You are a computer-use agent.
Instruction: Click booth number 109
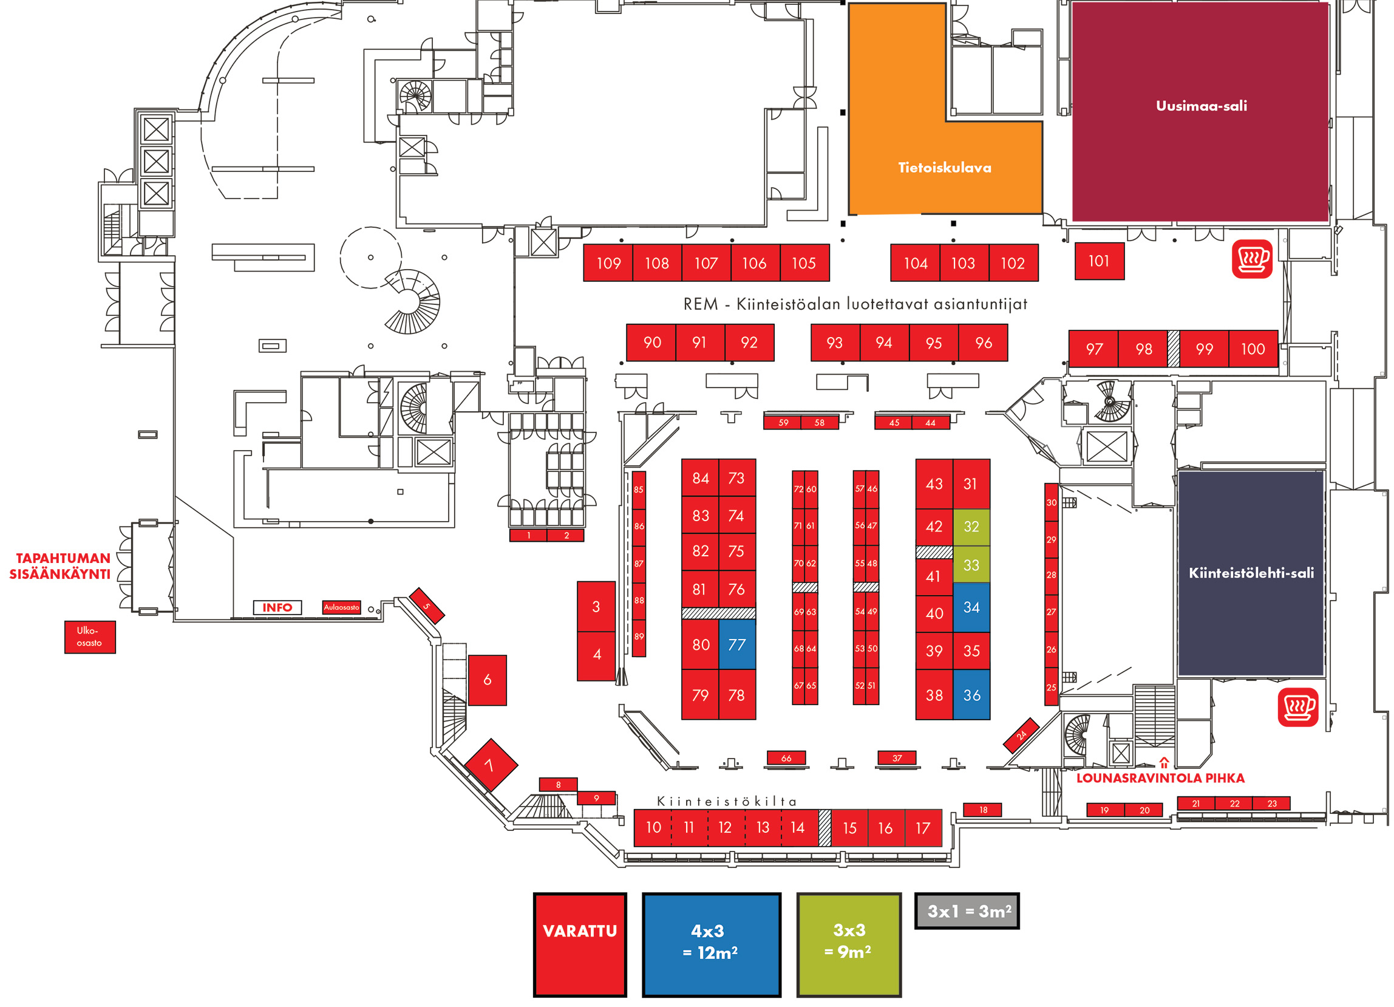[608, 263]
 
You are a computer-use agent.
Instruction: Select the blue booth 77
[737, 644]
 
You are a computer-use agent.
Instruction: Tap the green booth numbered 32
[971, 527]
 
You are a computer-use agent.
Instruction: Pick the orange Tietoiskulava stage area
[944, 167]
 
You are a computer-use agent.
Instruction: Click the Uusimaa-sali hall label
[1201, 106]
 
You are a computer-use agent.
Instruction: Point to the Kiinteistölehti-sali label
[1251, 573]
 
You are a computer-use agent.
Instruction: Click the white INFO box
[277, 607]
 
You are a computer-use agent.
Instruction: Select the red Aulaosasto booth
[341, 607]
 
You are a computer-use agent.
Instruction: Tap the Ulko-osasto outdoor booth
[90, 637]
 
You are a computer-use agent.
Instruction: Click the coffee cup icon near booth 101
[1252, 259]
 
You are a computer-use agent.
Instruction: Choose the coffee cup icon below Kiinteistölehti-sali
[1297, 707]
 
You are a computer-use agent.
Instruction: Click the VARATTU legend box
[580, 944]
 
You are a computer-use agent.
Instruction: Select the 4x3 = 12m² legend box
[711, 944]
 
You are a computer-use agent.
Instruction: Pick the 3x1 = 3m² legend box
[967, 911]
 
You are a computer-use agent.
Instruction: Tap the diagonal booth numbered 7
[491, 765]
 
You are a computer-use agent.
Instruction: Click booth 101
[1099, 261]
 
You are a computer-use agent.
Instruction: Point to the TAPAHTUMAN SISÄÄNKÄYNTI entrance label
[60, 565]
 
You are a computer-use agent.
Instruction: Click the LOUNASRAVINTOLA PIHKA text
[1160, 778]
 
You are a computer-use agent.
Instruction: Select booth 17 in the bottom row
[923, 828]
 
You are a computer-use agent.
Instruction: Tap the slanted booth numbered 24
[1021, 736]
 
